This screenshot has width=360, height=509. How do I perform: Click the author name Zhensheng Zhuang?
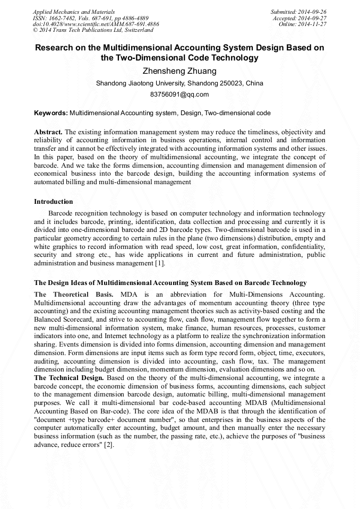click(179, 71)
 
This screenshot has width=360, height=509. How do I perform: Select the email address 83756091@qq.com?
click(179, 94)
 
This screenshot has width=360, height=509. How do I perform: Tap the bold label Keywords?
click(51, 113)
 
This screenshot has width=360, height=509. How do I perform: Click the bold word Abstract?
click(48, 131)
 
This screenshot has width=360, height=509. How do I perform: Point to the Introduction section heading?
click(54, 201)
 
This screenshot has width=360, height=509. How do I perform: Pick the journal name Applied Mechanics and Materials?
click(74, 12)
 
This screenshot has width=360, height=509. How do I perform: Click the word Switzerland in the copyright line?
click(135, 30)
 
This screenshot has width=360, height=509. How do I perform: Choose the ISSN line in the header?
click(91, 18)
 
